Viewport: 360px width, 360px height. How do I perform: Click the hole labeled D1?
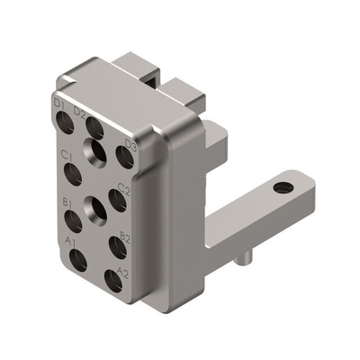coord(66,123)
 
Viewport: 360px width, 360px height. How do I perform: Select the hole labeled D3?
coord(125,158)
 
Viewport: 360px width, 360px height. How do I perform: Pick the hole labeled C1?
coord(75,173)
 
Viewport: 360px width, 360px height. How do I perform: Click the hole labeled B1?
coord(73,220)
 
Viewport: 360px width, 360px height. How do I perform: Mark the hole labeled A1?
coord(78,261)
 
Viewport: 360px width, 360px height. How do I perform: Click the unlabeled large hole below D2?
coord(97,151)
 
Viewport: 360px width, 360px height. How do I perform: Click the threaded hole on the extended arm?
coord(283,188)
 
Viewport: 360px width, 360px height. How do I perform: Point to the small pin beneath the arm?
coord(240,262)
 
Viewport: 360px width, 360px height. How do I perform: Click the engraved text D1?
coord(59,104)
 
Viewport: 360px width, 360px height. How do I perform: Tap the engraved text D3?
coord(130,143)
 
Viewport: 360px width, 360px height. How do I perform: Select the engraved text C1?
coord(66,155)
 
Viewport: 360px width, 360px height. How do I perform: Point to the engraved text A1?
coord(70,243)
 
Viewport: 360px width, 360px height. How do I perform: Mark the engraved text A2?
coord(123,272)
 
